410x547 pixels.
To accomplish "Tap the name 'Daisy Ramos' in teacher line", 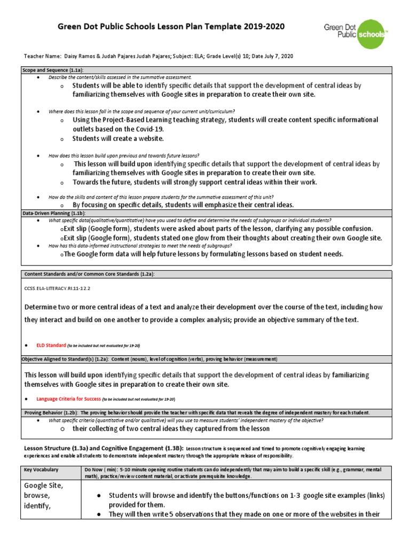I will (78, 56).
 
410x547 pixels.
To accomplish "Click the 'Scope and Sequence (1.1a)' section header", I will (52, 70).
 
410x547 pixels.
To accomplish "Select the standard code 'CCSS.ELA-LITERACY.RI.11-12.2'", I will (58, 287).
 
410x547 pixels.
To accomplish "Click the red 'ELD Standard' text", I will (51, 346).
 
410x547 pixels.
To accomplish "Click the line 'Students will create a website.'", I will (118, 138).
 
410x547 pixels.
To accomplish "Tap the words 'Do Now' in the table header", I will (94, 470).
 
